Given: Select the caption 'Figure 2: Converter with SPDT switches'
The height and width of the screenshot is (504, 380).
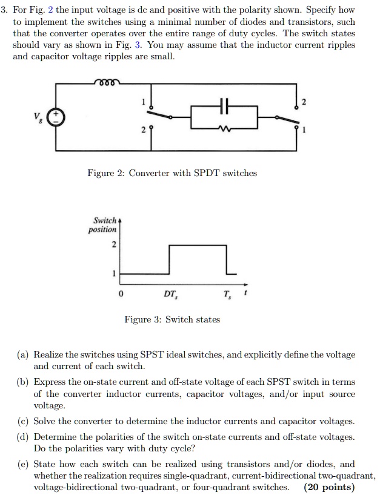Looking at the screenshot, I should pos(172,173).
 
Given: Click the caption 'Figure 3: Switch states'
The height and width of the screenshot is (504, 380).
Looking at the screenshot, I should pos(172,319).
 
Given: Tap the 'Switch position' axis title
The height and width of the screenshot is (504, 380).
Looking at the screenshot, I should pos(104,224).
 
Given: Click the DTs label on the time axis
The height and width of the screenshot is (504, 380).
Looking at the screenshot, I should pos(170,295).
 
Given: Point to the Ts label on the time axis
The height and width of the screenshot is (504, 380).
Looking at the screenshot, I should pos(227,295).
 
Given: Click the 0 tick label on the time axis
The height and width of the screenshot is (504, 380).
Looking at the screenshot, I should pos(121,295).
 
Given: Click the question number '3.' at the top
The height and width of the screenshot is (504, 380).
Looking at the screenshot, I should pos(7,11).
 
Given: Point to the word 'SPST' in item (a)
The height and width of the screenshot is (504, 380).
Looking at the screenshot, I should pos(150,355).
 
